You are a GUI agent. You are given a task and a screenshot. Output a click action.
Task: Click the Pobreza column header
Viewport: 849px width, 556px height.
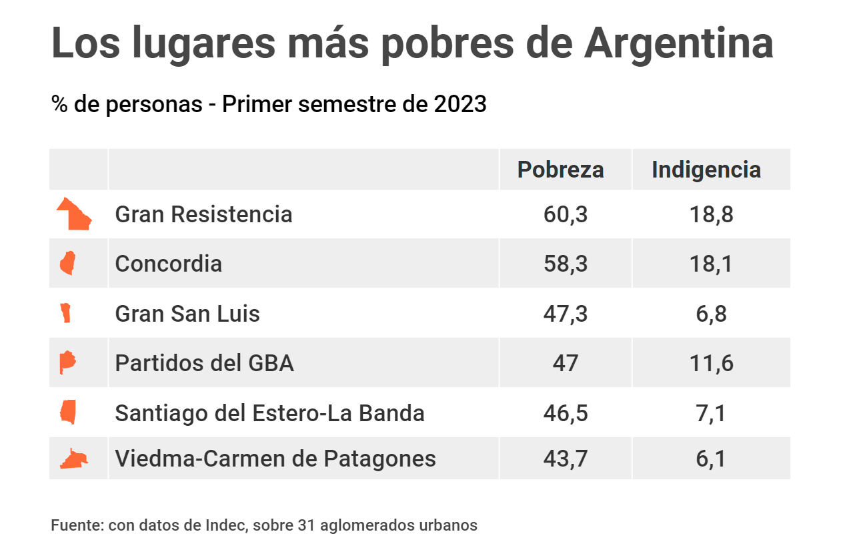(561, 170)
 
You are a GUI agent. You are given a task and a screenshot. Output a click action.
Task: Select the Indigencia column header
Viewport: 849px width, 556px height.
(706, 170)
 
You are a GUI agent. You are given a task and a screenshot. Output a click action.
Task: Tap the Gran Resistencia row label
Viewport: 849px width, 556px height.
(203, 214)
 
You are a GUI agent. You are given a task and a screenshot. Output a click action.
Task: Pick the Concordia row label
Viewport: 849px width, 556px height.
(168, 264)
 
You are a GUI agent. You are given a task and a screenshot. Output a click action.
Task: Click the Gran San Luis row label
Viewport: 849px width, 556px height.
(187, 313)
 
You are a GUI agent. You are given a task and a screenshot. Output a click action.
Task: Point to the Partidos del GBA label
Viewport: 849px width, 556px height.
(204, 363)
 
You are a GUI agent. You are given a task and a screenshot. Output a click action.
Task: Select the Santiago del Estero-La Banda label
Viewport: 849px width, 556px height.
(269, 413)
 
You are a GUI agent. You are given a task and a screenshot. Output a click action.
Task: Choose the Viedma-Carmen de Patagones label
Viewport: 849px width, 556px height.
(275, 459)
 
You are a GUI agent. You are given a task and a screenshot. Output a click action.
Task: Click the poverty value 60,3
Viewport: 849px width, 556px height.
(566, 215)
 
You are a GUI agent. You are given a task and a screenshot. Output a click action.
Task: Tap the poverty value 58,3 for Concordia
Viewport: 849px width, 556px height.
(566, 264)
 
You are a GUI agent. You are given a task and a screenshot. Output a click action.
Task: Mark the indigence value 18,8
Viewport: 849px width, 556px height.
(712, 215)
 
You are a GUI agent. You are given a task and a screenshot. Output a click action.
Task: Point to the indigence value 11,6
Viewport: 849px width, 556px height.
(712, 364)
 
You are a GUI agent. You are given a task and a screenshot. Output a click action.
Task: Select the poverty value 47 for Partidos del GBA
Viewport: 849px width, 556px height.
(566, 364)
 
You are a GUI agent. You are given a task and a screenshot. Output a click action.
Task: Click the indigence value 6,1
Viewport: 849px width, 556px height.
(710, 459)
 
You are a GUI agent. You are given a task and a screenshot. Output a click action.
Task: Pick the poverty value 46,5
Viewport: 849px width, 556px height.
(566, 413)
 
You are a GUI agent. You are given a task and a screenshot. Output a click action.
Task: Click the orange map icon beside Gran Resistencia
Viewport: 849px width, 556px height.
(75, 215)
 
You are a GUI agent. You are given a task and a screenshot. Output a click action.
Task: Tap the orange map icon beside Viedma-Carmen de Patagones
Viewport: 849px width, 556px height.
(73, 459)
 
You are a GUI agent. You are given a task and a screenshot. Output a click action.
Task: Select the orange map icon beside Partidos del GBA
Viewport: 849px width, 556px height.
(67, 363)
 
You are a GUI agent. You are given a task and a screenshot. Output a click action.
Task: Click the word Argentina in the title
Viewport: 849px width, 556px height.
(678, 43)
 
